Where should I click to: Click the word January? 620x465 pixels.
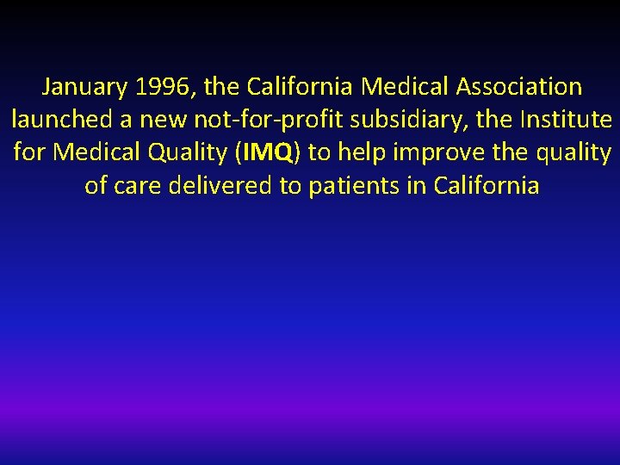point(83,87)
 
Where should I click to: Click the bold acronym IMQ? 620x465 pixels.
point(270,153)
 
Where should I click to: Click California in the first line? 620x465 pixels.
point(301,87)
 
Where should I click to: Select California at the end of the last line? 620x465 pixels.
point(487,186)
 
